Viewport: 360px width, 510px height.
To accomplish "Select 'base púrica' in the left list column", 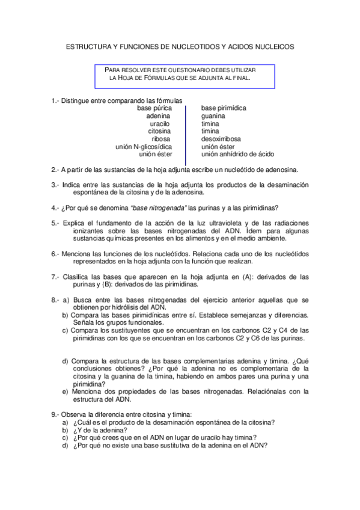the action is [x=153, y=108].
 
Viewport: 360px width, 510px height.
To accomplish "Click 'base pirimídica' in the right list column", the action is [x=224, y=108].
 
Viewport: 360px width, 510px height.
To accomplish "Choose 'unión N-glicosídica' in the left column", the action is [x=144, y=146].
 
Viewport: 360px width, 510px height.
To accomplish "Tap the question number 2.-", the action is [x=55, y=170].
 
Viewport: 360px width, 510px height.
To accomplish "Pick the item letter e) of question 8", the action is [x=66, y=391].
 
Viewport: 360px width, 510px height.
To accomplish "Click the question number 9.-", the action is [x=55, y=414].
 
